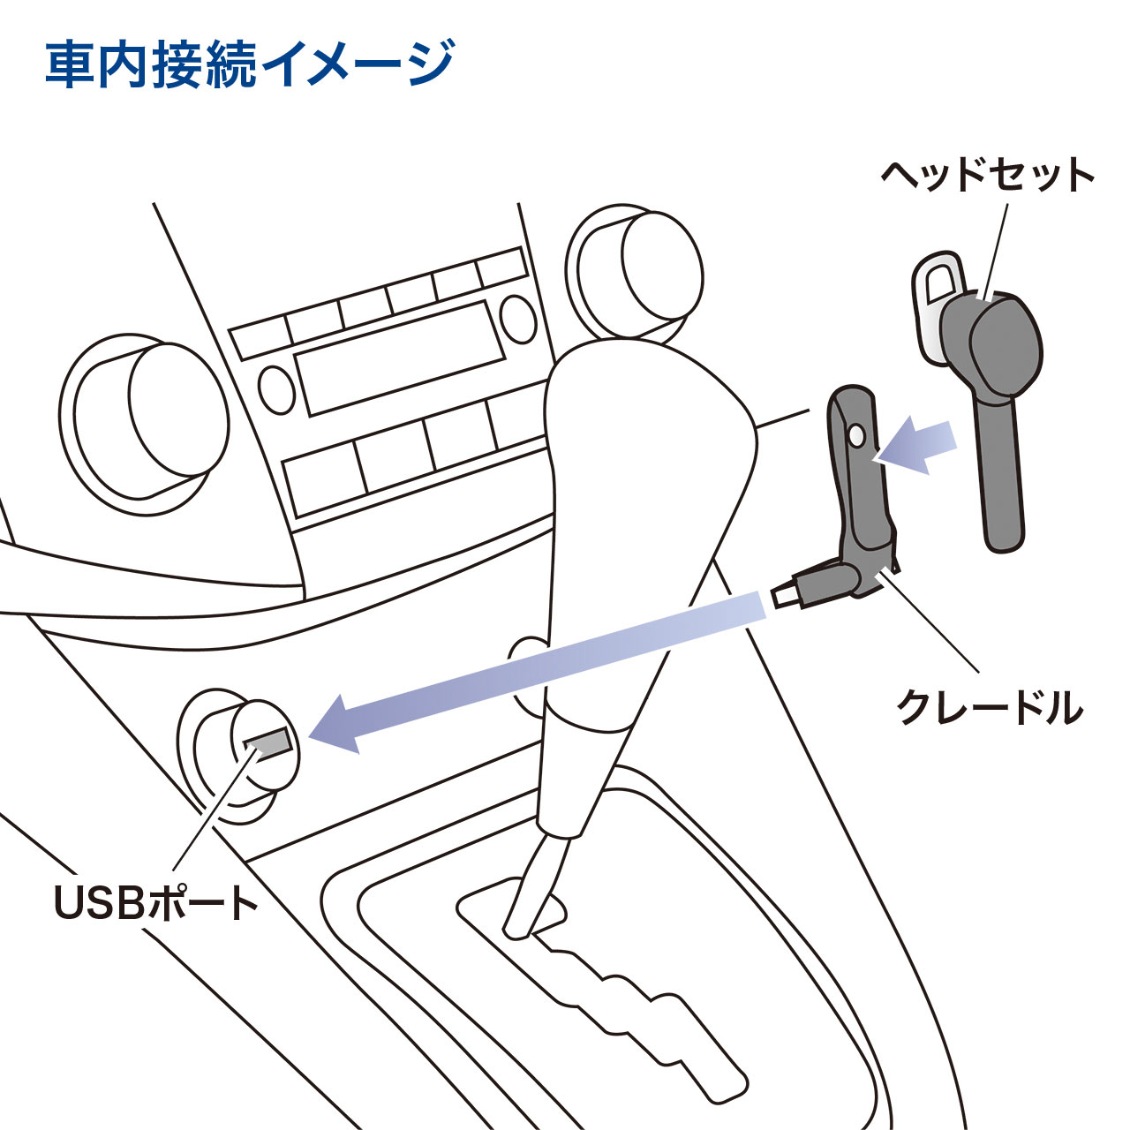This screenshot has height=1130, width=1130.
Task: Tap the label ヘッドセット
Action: pos(987,176)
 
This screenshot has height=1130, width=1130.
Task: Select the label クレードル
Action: pos(989,706)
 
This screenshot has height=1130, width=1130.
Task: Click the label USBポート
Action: pos(156,902)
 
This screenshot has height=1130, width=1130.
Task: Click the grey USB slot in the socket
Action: pos(267,742)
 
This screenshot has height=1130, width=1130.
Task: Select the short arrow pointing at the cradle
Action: pos(918,446)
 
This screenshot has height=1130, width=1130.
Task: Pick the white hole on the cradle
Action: pos(855,435)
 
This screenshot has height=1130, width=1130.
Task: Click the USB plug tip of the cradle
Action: pos(781,596)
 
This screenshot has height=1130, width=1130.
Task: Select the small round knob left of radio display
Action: pos(276,389)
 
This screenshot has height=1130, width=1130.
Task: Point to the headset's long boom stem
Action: pos(999,477)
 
